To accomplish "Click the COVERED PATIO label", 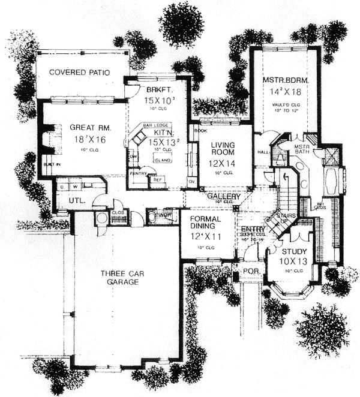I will coord(80,73).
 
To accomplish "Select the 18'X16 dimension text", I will coord(88,139).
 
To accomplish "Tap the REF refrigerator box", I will coord(158,179).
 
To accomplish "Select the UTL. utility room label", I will coord(76,200).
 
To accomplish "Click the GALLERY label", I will coord(224,197).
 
